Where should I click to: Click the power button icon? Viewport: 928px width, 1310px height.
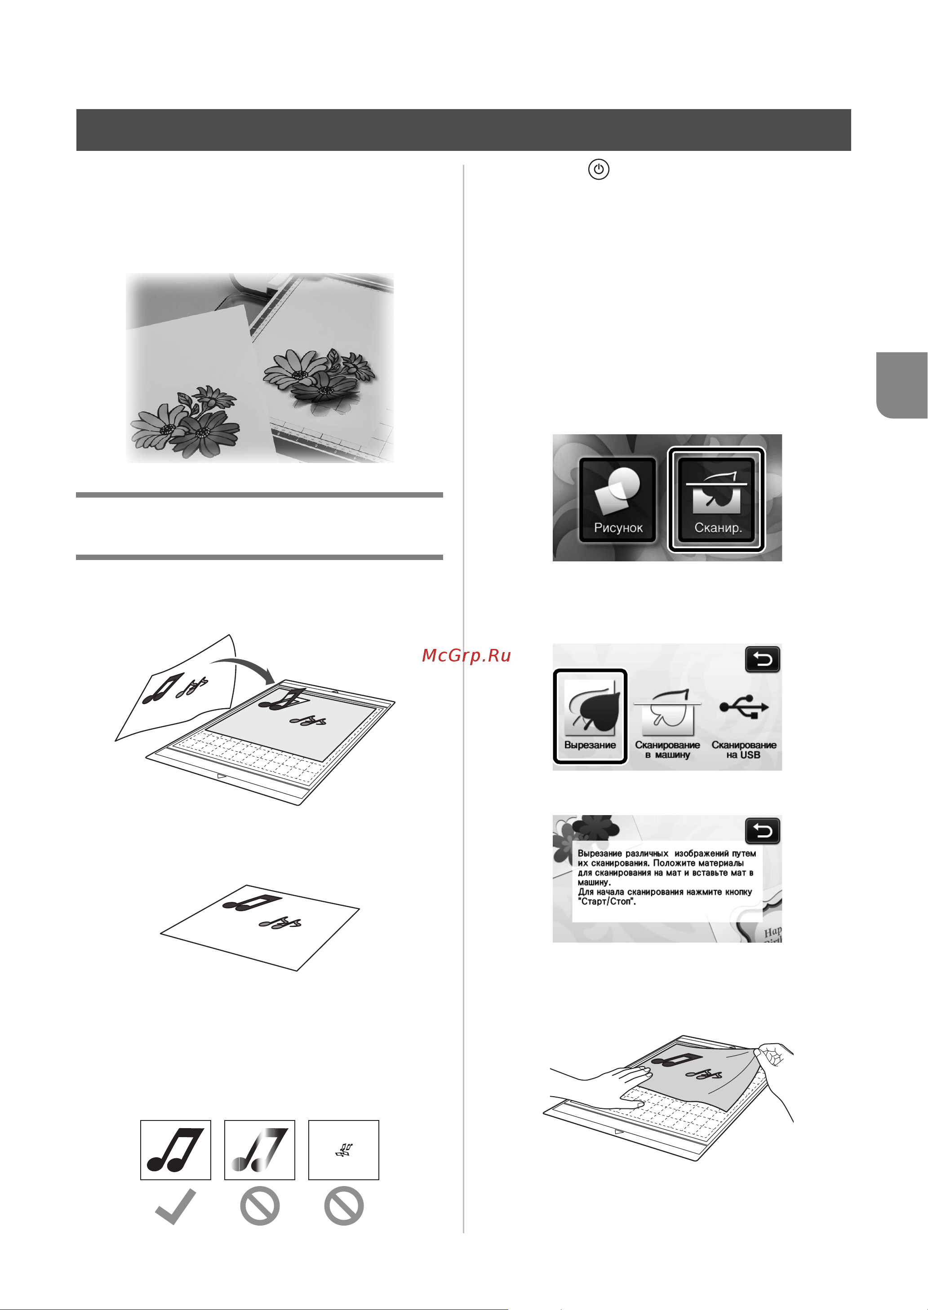click(x=598, y=170)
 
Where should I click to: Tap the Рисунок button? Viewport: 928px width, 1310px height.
click(x=618, y=500)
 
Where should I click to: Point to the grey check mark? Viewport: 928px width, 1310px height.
click(x=175, y=1207)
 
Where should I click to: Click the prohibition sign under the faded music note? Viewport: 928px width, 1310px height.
click(x=260, y=1206)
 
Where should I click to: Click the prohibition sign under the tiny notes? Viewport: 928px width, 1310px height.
click(x=344, y=1206)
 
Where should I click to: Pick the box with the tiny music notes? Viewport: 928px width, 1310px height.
click(x=344, y=1150)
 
